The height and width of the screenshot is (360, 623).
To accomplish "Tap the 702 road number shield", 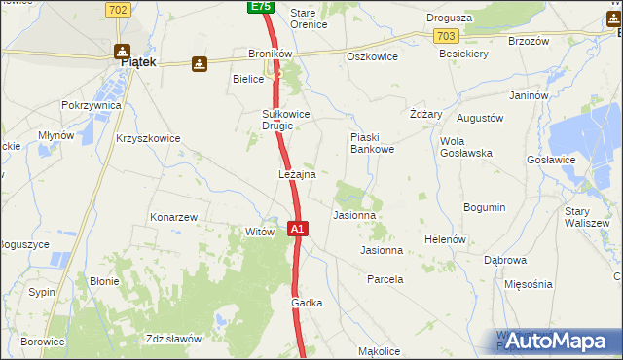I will click(116, 10).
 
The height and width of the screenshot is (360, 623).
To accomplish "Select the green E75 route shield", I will click(259, 7).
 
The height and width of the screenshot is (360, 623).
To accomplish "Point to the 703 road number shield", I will click(447, 36).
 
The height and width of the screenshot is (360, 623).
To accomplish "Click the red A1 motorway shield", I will click(299, 229).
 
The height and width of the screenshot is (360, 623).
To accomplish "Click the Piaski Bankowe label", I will click(371, 143).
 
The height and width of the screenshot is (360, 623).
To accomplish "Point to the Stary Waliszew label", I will click(585, 216).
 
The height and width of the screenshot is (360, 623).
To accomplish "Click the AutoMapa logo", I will click(557, 341).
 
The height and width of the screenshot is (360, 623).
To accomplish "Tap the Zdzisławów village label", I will click(172, 339).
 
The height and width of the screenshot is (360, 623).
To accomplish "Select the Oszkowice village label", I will click(371, 56).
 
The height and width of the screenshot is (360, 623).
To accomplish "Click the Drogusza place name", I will click(450, 18).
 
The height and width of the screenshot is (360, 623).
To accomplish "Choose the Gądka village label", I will click(307, 303).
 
